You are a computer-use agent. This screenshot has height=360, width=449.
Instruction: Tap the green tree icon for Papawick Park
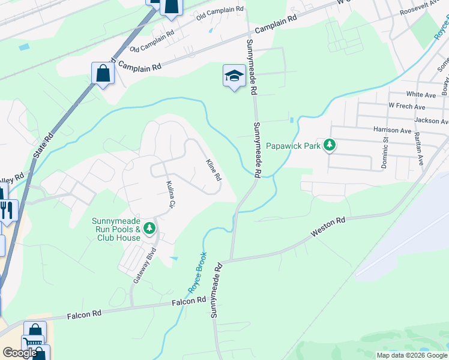click(330, 145)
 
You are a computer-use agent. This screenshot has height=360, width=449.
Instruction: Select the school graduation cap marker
click(234, 76)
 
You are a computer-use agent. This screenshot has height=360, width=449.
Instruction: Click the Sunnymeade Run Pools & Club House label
click(116, 229)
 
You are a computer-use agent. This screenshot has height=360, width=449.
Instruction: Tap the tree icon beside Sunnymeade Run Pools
click(149, 228)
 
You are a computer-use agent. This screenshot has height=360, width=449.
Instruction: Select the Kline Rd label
click(214, 170)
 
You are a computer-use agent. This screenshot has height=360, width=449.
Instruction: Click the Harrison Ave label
click(392, 130)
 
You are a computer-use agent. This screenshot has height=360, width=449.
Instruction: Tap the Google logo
click(19, 353)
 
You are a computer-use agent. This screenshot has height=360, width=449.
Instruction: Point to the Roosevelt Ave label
click(420, 10)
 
